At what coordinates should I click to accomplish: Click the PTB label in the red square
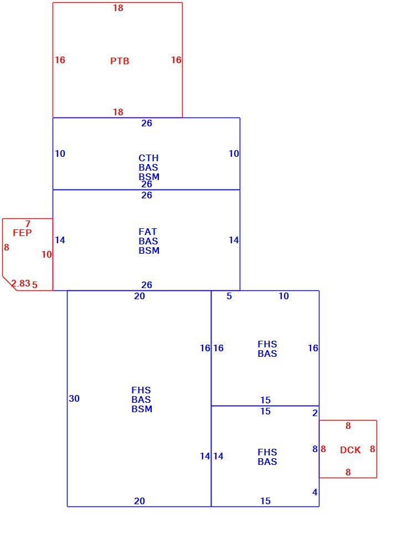(120, 61)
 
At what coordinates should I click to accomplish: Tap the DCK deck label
(350, 450)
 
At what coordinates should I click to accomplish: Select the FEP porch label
(22, 233)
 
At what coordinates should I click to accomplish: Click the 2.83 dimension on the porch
(21, 284)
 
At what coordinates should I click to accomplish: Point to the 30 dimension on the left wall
(74, 398)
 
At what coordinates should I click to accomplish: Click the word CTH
(148, 158)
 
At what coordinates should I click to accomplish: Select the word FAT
(148, 232)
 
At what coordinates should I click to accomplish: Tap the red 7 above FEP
(28, 224)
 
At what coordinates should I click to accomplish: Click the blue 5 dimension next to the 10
(229, 296)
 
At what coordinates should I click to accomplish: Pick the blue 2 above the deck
(315, 413)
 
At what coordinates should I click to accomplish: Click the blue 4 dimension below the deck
(315, 492)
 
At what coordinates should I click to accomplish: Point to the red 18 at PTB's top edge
(118, 8)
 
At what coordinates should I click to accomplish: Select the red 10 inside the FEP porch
(47, 254)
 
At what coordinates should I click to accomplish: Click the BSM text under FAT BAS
(149, 250)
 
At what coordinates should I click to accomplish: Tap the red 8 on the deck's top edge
(348, 426)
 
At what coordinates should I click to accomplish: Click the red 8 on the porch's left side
(7, 247)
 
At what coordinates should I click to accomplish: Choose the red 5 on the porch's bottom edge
(34, 285)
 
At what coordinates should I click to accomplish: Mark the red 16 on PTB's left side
(60, 60)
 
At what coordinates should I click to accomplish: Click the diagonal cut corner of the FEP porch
(10, 284)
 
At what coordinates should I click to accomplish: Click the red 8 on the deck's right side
(372, 449)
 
